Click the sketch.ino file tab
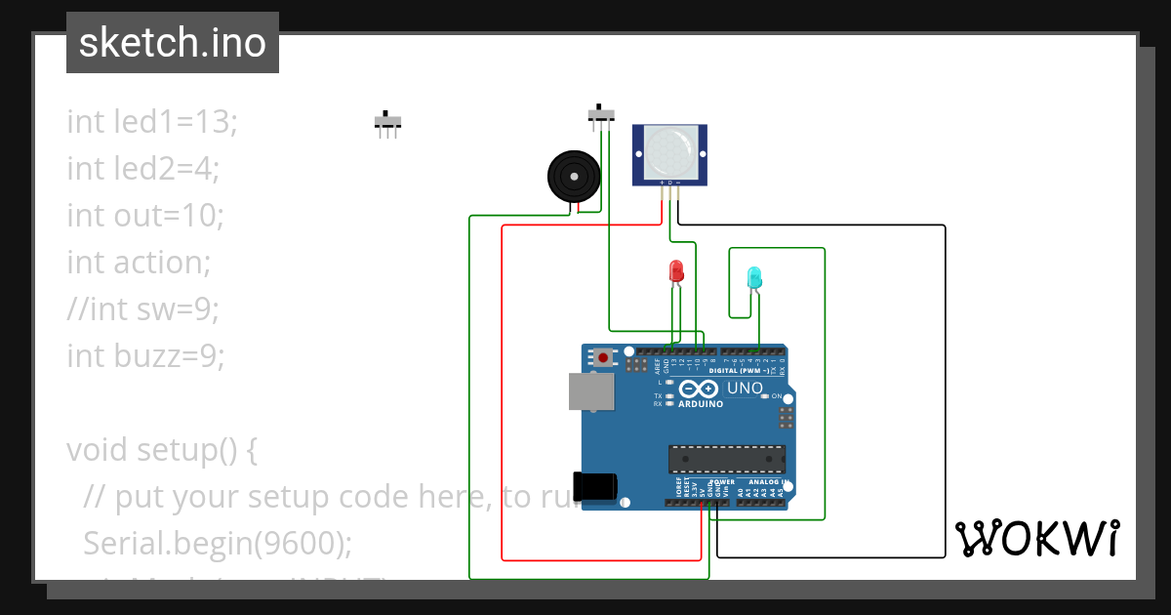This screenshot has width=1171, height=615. coord(173,43)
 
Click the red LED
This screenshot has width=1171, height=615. coord(675,271)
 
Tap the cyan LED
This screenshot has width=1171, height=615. coord(753,278)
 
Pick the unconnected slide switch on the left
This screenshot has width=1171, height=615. coord(388,123)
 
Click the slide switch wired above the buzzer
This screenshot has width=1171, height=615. coord(601,114)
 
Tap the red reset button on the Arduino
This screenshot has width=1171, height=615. coord(604,358)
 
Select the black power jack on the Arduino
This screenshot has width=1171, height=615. coord(596,486)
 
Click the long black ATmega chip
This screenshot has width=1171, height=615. coord(726,459)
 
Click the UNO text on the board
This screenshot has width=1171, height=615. coord(745,389)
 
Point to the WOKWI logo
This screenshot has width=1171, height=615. coord(1036,538)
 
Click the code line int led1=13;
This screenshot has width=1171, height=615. coord(152,122)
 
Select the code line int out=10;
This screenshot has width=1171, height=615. coord(145,215)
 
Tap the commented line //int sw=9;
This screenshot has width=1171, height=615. coord(142,308)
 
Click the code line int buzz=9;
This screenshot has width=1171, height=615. coord(145,355)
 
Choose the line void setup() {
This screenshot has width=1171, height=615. coord(162,450)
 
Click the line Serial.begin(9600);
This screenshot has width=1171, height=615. coord(218,543)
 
